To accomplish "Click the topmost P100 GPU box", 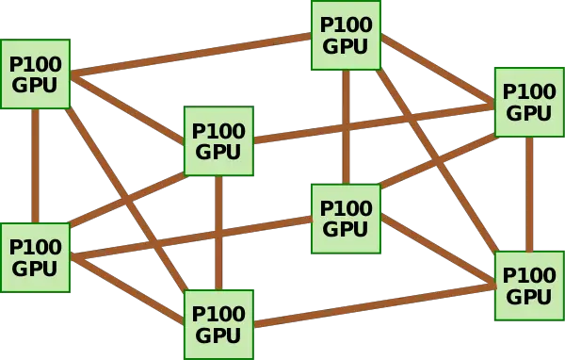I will [x=346, y=35].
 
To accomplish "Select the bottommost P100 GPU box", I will [x=218, y=323].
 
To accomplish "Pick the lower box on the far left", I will [x=35, y=257].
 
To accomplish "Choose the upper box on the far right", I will [x=529, y=102].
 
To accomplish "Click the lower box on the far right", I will [x=529, y=285].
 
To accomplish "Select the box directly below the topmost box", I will [x=346, y=218].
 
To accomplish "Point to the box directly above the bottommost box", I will [x=218, y=140].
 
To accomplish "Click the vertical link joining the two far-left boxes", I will [x=35, y=166].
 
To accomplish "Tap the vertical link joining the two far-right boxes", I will [x=529, y=193].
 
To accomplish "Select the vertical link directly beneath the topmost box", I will [x=346, y=126].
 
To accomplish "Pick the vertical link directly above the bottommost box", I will [x=218, y=232].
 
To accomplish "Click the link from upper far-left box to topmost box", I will [x=188, y=55].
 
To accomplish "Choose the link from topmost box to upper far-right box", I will [x=438, y=69].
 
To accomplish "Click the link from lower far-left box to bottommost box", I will [x=127, y=290].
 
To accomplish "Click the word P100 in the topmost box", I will [x=346, y=25].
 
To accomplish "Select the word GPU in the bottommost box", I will [x=218, y=335].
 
